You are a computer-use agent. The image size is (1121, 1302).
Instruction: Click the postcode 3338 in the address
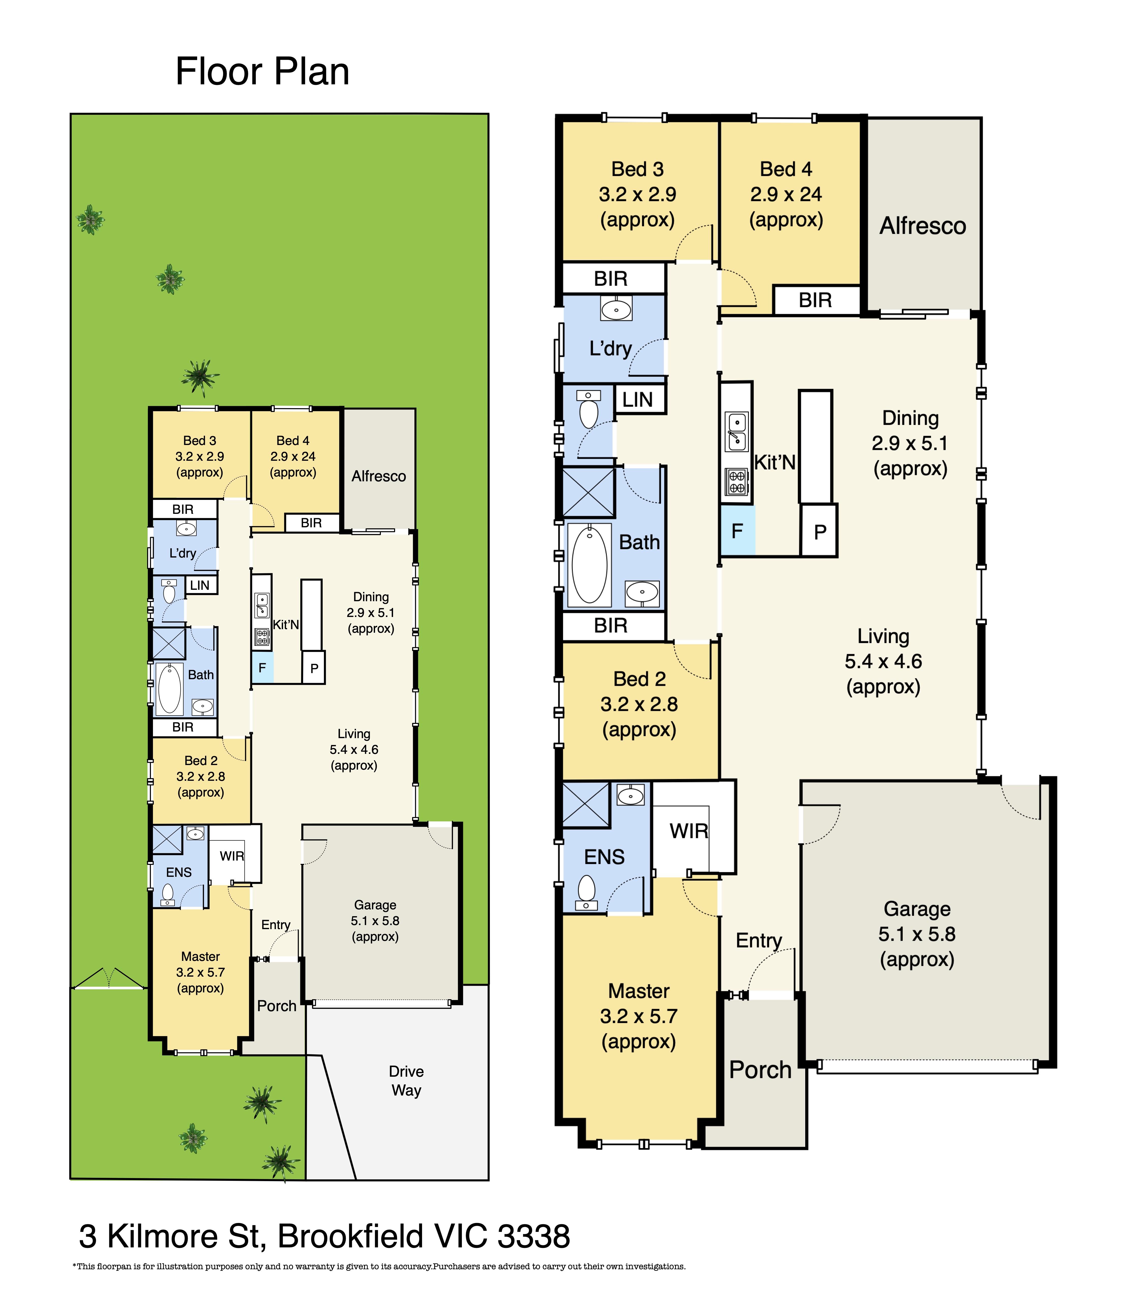pos(534,1236)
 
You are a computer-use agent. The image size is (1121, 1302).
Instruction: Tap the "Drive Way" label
pos(406,1081)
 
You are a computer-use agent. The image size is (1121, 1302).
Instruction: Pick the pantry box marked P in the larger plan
pos(819,531)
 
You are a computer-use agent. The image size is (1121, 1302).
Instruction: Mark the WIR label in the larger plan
pos(689,831)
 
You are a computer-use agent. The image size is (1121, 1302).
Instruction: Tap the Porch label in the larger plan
pos(760,1070)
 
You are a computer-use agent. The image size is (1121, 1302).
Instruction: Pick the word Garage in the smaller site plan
pos(375,905)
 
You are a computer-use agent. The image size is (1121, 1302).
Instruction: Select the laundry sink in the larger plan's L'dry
pos(616,309)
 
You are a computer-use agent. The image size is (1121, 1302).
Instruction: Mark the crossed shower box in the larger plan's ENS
pos(586,805)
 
